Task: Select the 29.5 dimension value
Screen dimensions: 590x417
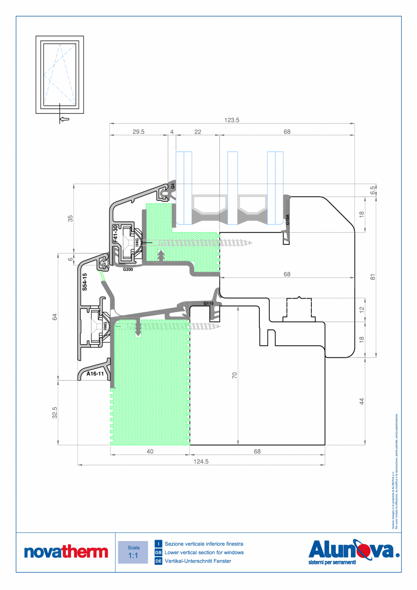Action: point(138,132)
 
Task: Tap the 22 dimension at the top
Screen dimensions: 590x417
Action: point(198,132)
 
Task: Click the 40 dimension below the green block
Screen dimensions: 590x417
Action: point(150,451)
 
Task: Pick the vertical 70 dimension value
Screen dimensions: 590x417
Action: point(235,375)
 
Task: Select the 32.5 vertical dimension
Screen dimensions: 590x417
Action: point(55,413)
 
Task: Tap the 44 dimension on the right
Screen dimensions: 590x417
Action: point(362,401)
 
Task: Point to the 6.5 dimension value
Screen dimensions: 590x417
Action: point(373,190)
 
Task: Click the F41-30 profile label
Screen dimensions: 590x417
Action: point(115,235)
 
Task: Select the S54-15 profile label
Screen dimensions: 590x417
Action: point(84,282)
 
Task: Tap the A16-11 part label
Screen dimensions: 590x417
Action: point(96,375)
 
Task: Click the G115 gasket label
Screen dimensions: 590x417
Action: point(208,303)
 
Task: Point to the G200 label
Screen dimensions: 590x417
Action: point(128,269)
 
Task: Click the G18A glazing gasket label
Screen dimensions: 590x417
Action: point(287,221)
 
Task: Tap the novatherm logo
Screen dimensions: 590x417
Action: point(66,552)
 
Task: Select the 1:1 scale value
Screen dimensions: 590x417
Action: point(133,556)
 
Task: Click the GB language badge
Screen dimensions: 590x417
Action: point(158,552)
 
